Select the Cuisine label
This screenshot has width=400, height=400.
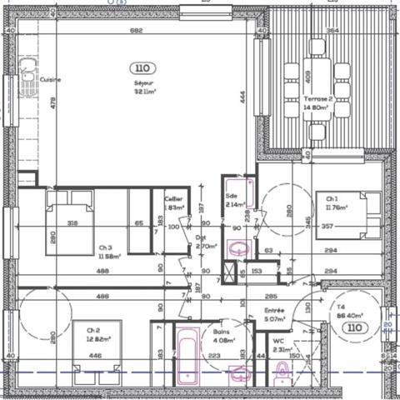click(52, 80)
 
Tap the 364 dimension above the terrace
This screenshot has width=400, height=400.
click(332, 31)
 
